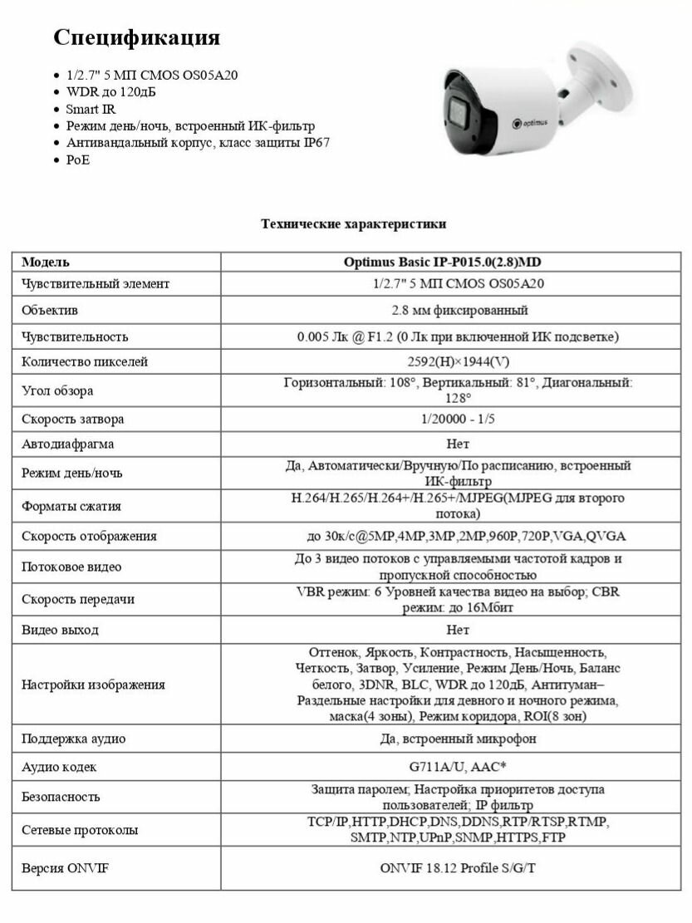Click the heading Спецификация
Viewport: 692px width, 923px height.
pyautogui.click(x=136, y=37)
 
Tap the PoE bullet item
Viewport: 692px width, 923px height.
pyautogui.click(x=77, y=160)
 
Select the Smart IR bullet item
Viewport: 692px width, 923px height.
pyautogui.click(x=91, y=109)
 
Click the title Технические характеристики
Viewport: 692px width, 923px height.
pyautogui.click(x=353, y=223)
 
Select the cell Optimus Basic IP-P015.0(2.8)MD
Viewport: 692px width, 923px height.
pyautogui.click(x=447, y=262)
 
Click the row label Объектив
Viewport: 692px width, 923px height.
pyautogui.click(x=50, y=310)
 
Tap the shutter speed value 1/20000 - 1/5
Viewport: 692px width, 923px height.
pyautogui.click(x=458, y=419)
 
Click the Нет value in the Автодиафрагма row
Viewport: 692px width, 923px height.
pyautogui.click(x=458, y=444)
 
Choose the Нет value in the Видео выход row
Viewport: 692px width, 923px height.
pyautogui.click(x=458, y=630)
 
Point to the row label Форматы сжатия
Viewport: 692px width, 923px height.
pyautogui.click(x=71, y=506)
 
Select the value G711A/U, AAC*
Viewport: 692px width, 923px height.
pyautogui.click(x=458, y=767)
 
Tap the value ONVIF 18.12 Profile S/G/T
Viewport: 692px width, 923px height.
pyautogui.click(x=458, y=868)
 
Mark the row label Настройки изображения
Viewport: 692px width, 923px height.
pyautogui.click(x=93, y=685)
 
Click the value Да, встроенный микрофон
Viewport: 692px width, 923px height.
pyautogui.click(x=458, y=739)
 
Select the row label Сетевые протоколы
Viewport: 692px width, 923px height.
pyautogui.click(x=80, y=830)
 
